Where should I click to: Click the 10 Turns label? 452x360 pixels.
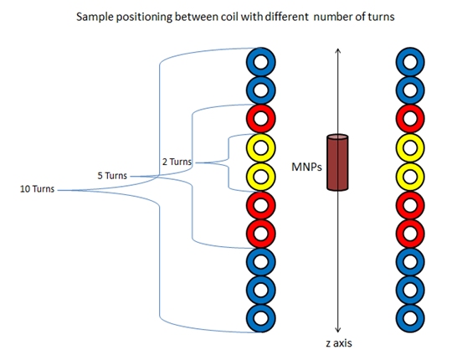[x=37, y=189]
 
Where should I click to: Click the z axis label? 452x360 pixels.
[x=336, y=343]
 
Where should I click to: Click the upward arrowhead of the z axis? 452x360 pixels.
[x=336, y=51]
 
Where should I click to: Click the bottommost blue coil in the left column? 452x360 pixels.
[x=259, y=318]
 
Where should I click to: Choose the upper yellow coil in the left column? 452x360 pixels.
[x=259, y=147]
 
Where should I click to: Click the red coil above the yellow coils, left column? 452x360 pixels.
[x=259, y=118]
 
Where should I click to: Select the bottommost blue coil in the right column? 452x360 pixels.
[x=410, y=318]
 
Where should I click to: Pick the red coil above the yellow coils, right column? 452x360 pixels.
[x=410, y=118]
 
